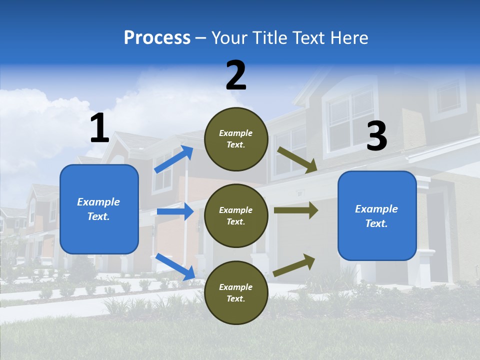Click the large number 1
pyautogui.click(x=99, y=128)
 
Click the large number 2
pyautogui.click(x=236, y=75)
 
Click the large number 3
pyautogui.click(x=376, y=136)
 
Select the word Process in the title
pyautogui.click(x=157, y=38)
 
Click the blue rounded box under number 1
pyautogui.click(x=99, y=209)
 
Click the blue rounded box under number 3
pyautogui.click(x=377, y=215)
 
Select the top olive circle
pyautogui.click(x=236, y=139)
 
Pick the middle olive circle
pyautogui.click(x=236, y=215)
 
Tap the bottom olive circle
pyautogui.click(x=236, y=292)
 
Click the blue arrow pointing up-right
pyautogui.click(x=174, y=159)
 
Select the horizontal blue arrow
pyautogui.click(x=175, y=211)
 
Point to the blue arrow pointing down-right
pyautogui.click(x=175, y=266)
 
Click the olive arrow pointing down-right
pyautogui.click(x=297, y=160)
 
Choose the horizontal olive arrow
pyautogui.click(x=295, y=210)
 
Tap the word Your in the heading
pyautogui.click(x=230, y=38)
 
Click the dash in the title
pyautogui.click(x=201, y=38)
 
